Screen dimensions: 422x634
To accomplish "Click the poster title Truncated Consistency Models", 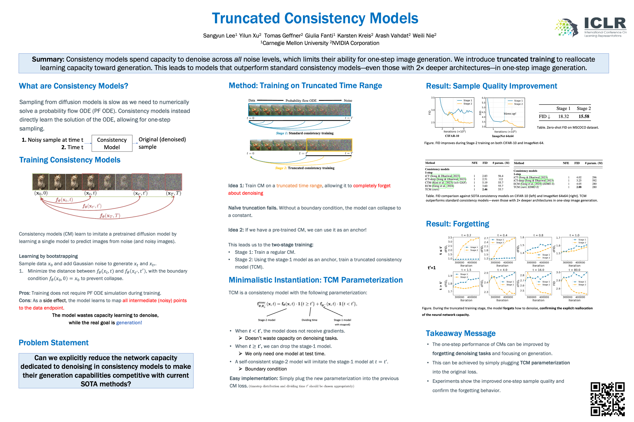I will click(315, 18).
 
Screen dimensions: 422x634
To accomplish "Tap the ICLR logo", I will click(590, 27).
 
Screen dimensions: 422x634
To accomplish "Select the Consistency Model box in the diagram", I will click(112, 143).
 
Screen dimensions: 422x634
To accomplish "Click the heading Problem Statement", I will click(53, 343).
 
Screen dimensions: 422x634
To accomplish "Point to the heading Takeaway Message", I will click(460, 333).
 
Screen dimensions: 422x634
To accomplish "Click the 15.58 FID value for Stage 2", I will click(583, 116).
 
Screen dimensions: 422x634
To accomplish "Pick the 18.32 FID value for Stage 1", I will click(563, 116).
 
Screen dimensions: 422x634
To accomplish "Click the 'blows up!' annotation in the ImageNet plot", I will click(510, 114).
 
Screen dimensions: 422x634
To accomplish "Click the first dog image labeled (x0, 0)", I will click(40, 182).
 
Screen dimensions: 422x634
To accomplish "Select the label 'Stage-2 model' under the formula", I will click(266, 320).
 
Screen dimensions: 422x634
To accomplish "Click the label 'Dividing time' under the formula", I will click(309, 320).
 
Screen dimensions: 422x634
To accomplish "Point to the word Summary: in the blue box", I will click(48, 59).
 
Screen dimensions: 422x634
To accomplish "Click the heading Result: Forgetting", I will click(458, 224).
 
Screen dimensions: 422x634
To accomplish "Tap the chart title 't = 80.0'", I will click(574, 270).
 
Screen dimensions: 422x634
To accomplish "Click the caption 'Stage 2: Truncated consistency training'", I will click(305, 168).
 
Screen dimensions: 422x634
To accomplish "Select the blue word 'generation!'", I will click(129, 322).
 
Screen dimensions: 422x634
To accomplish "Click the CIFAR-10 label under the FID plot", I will click(452, 136).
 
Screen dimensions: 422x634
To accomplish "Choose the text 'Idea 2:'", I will click(236, 230).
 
